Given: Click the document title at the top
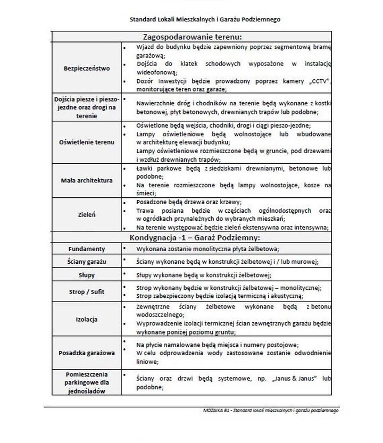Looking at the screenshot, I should point(205,20).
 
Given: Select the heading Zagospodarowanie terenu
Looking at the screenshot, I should point(193,37).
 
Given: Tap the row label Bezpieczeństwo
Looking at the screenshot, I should point(86,69).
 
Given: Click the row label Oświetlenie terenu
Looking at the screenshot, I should point(86,143).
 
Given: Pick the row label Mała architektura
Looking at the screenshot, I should point(86,180).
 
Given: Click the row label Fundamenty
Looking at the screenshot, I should point(86,249).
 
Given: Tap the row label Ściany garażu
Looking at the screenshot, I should point(86,262).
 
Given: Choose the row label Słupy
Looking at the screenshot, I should point(86,275).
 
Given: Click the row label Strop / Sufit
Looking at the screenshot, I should point(86,291).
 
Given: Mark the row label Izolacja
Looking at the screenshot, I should point(86,319).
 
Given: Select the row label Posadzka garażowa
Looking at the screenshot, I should point(86,353).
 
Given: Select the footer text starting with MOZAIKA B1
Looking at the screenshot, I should point(270,411).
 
